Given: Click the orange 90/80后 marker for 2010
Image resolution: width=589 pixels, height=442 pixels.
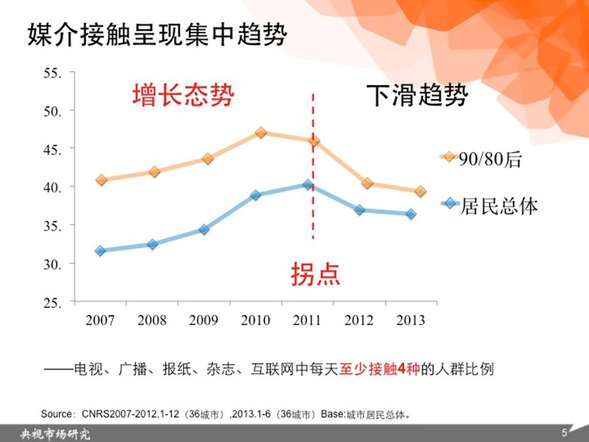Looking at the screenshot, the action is (261, 133).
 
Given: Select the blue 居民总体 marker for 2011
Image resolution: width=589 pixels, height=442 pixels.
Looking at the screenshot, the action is (308, 185).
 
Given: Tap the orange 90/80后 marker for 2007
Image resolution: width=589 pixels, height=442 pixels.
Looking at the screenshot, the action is (101, 180).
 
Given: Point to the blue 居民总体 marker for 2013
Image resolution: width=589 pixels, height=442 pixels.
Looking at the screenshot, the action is (410, 214).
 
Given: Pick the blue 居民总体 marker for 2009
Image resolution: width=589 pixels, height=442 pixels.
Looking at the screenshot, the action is (204, 229).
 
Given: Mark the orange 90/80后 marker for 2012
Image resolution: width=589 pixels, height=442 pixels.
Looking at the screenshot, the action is (368, 184).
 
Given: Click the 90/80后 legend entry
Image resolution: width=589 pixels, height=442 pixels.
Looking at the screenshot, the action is (482, 159).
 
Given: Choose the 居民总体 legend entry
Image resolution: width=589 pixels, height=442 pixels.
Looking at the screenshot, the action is (489, 206).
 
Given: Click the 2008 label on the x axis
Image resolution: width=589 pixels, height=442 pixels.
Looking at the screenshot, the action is (152, 320).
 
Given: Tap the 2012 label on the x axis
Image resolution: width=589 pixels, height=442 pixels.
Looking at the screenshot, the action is (359, 320).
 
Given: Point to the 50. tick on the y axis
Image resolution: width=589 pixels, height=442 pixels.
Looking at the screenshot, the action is (53, 111).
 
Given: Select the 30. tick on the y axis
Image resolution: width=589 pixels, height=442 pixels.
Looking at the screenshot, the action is (53, 264).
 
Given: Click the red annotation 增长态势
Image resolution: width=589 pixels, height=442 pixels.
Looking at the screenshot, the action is (183, 95).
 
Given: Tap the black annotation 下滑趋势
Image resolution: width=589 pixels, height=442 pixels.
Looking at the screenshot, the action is (417, 95).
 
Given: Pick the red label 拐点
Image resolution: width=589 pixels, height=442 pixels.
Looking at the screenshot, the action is (315, 274).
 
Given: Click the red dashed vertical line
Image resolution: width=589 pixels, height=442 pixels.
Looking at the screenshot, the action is (313, 166).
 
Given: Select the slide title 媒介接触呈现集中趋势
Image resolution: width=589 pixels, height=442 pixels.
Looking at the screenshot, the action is (158, 34).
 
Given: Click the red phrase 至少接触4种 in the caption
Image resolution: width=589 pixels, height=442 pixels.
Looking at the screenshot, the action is (379, 369).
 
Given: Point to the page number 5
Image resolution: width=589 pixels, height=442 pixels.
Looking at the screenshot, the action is (564, 433).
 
